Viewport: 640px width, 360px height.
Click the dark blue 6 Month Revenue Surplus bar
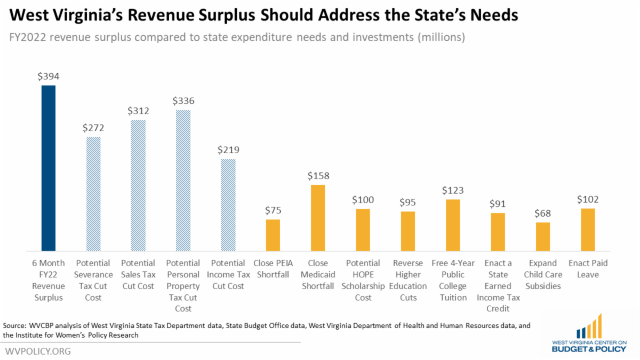coord(49,168)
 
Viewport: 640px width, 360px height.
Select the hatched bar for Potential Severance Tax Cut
coord(93,194)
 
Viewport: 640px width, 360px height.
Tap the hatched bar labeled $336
coord(183,180)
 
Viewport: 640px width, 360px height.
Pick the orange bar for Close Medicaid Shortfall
coord(318,218)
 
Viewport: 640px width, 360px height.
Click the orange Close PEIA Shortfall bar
coord(273,235)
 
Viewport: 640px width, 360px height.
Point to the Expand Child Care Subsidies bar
coord(543,236)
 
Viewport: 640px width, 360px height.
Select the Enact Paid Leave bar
coord(588,229)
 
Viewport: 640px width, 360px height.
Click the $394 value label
coord(49,76)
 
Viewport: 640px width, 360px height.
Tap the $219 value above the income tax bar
coord(228,150)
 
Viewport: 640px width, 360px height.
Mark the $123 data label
coord(453,190)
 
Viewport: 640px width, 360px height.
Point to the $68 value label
coord(543,213)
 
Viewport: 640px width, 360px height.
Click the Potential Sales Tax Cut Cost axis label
coord(138,275)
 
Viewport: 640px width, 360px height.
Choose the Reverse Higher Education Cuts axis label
coord(408,281)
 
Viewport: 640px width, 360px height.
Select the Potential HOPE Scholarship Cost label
coord(363,281)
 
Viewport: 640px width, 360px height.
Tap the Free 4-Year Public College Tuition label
coord(453,281)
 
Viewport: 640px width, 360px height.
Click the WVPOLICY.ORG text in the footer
coord(37,351)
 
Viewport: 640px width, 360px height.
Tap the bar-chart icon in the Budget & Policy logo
coord(589,326)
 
